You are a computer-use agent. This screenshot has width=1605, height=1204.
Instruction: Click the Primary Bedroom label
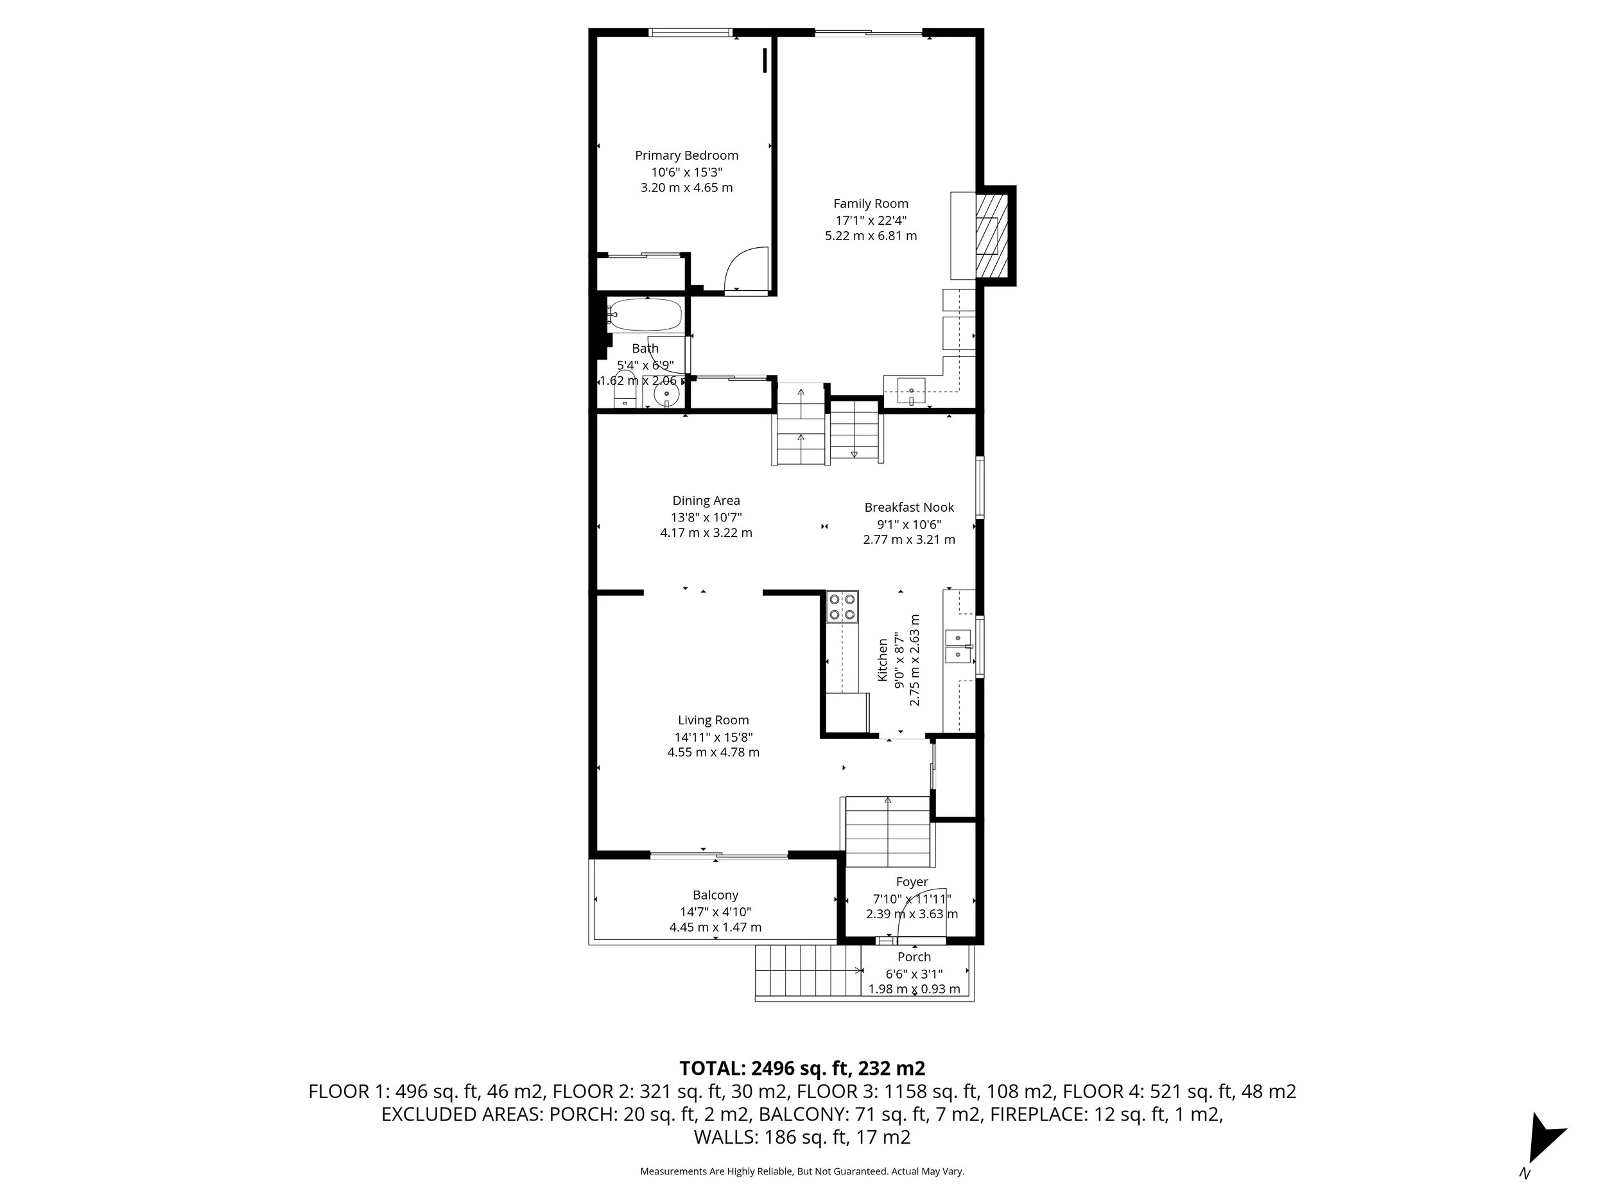(x=686, y=155)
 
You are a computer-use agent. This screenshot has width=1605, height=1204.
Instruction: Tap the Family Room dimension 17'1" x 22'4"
(x=870, y=220)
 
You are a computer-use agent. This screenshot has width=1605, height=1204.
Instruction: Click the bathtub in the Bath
(x=645, y=315)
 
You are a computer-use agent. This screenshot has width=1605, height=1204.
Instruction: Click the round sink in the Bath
(x=666, y=396)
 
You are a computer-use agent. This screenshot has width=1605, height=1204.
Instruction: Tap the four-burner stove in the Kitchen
(x=842, y=607)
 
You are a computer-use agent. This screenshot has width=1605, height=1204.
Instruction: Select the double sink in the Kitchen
(x=958, y=646)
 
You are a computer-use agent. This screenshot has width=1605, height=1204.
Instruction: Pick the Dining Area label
(x=706, y=500)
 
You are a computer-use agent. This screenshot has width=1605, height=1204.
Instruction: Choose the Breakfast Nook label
(x=908, y=507)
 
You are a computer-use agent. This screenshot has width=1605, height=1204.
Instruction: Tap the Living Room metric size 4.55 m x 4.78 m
(x=713, y=752)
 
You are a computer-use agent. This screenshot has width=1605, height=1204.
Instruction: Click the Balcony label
(x=715, y=895)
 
